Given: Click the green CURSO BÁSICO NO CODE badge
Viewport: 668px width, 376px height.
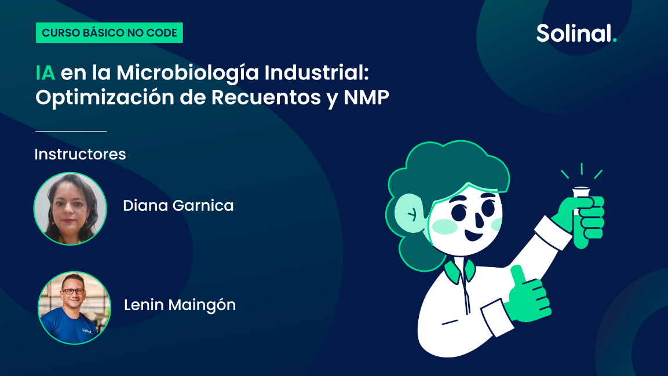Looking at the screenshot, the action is click(109, 33).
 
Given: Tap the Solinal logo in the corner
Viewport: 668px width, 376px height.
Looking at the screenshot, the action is click(576, 33).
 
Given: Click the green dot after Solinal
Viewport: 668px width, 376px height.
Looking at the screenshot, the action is click(614, 40).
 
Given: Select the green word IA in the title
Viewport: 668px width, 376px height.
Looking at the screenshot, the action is click(45, 73).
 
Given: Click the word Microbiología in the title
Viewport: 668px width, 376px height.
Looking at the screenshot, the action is click(188, 73).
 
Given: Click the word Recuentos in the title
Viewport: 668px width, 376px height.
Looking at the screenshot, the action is click(266, 97).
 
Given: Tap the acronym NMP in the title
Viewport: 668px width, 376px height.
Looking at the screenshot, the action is click(366, 97).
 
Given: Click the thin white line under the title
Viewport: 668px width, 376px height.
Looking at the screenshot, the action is click(71, 131).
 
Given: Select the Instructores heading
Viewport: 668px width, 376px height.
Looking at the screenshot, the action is click(80, 154).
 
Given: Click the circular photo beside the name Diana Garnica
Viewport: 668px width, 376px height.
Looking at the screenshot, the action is click(70, 209).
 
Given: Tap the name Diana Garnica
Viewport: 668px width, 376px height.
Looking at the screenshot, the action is click(178, 206).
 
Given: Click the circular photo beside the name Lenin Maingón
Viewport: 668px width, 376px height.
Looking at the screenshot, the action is click(74, 308).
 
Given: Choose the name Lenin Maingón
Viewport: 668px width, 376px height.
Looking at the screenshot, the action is click(180, 305).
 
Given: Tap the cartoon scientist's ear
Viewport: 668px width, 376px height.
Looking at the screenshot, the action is click(410, 213).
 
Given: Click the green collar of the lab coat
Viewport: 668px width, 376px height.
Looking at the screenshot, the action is click(459, 271).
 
